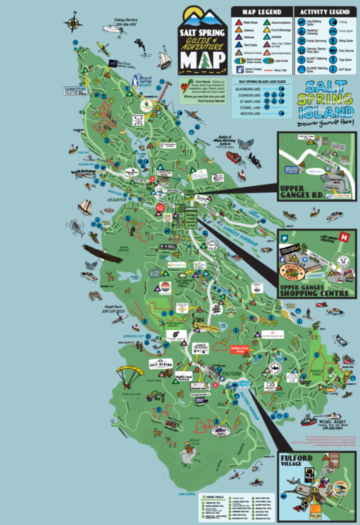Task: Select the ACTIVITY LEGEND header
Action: [323, 12]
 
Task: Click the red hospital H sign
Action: [344, 237]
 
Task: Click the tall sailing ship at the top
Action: [163, 55]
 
